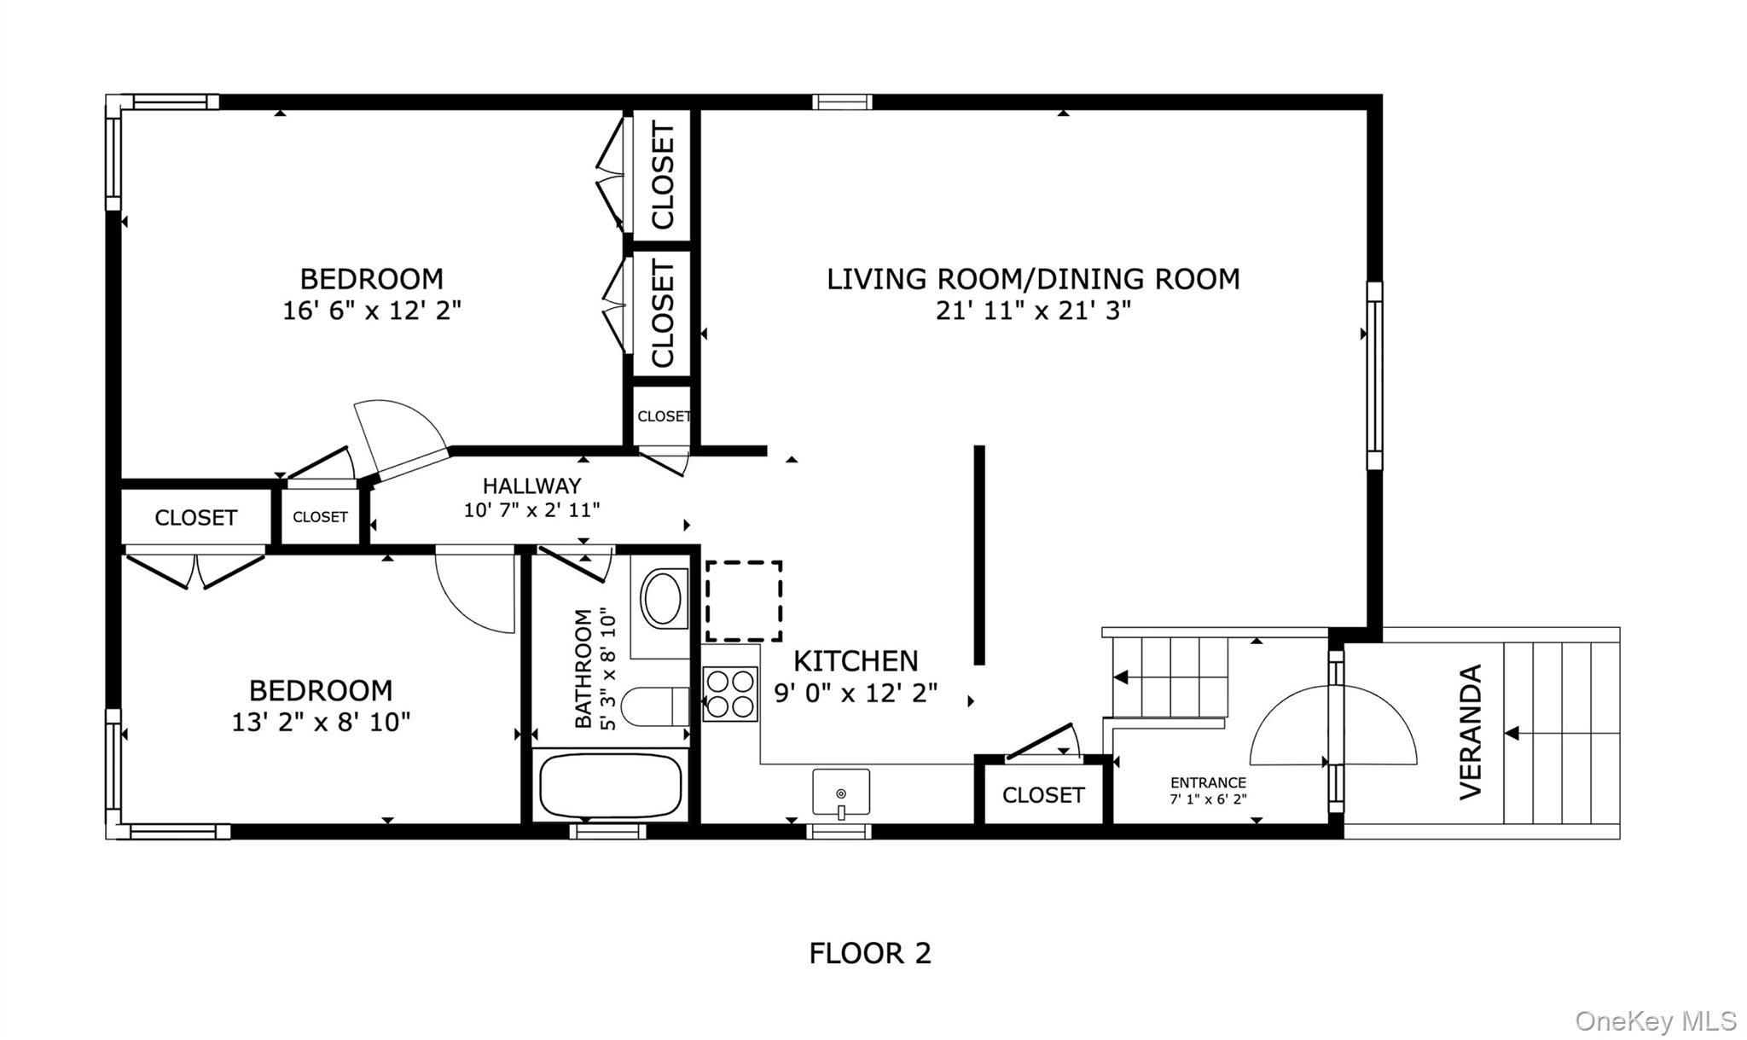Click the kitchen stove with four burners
point(730,694)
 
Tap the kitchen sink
point(840,793)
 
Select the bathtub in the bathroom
point(611,785)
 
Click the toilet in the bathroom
point(653,706)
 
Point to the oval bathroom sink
point(663,600)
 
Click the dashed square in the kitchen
point(743,601)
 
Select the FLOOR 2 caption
point(869,953)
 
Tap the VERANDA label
point(1471,732)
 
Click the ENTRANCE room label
point(1208,782)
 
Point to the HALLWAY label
point(531,486)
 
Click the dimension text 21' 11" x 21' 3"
point(1033,311)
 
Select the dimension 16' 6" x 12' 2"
point(372,311)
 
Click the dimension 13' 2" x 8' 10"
point(321,723)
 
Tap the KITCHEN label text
point(856,661)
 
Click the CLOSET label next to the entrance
point(1042,795)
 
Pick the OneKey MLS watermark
point(1655,1020)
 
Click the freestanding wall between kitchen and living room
point(979,555)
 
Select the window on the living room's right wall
point(1373,376)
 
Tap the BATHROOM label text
point(583,668)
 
